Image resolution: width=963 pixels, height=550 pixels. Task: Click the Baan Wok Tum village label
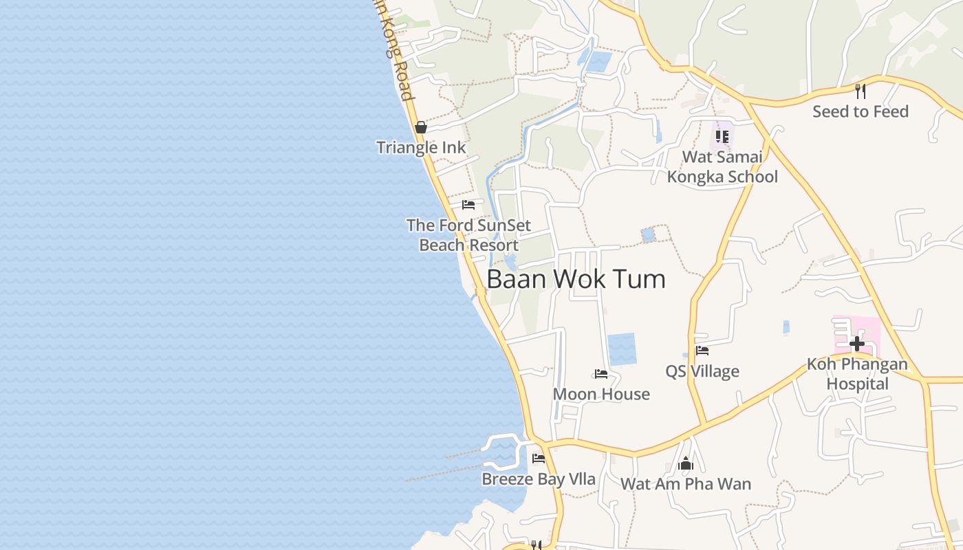pos(576,279)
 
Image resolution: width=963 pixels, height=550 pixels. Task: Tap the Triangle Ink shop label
pos(421,147)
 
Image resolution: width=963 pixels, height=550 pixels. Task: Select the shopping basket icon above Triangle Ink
pos(421,127)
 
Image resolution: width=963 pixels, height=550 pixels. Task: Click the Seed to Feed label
pos(861,111)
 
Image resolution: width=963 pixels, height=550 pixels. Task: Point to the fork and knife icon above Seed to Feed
pos(860,90)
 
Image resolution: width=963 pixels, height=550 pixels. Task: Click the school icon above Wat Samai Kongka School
pos(722,136)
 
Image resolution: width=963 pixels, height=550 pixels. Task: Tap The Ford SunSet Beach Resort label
pos(468,235)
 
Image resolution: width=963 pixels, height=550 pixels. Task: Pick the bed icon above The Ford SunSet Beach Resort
pos(468,205)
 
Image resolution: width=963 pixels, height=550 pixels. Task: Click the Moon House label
pos(601,394)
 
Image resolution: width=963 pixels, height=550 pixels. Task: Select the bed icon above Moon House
pos(601,374)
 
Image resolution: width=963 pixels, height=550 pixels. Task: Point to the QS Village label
pos(702,371)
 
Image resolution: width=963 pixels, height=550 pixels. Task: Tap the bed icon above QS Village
pos(702,351)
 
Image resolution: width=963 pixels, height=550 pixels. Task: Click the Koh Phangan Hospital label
pos(857,374)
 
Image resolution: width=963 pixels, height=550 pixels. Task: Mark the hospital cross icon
pos(857,343)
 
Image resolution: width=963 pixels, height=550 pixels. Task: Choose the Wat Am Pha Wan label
pos(686,484)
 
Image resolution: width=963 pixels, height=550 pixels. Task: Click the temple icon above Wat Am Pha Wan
pos(686,464)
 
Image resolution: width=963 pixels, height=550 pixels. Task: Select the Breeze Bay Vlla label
pos(539,479)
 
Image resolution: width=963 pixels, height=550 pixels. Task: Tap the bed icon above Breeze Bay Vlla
pos(539,459)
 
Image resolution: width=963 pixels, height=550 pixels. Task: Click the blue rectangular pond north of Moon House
pos(622,349)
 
